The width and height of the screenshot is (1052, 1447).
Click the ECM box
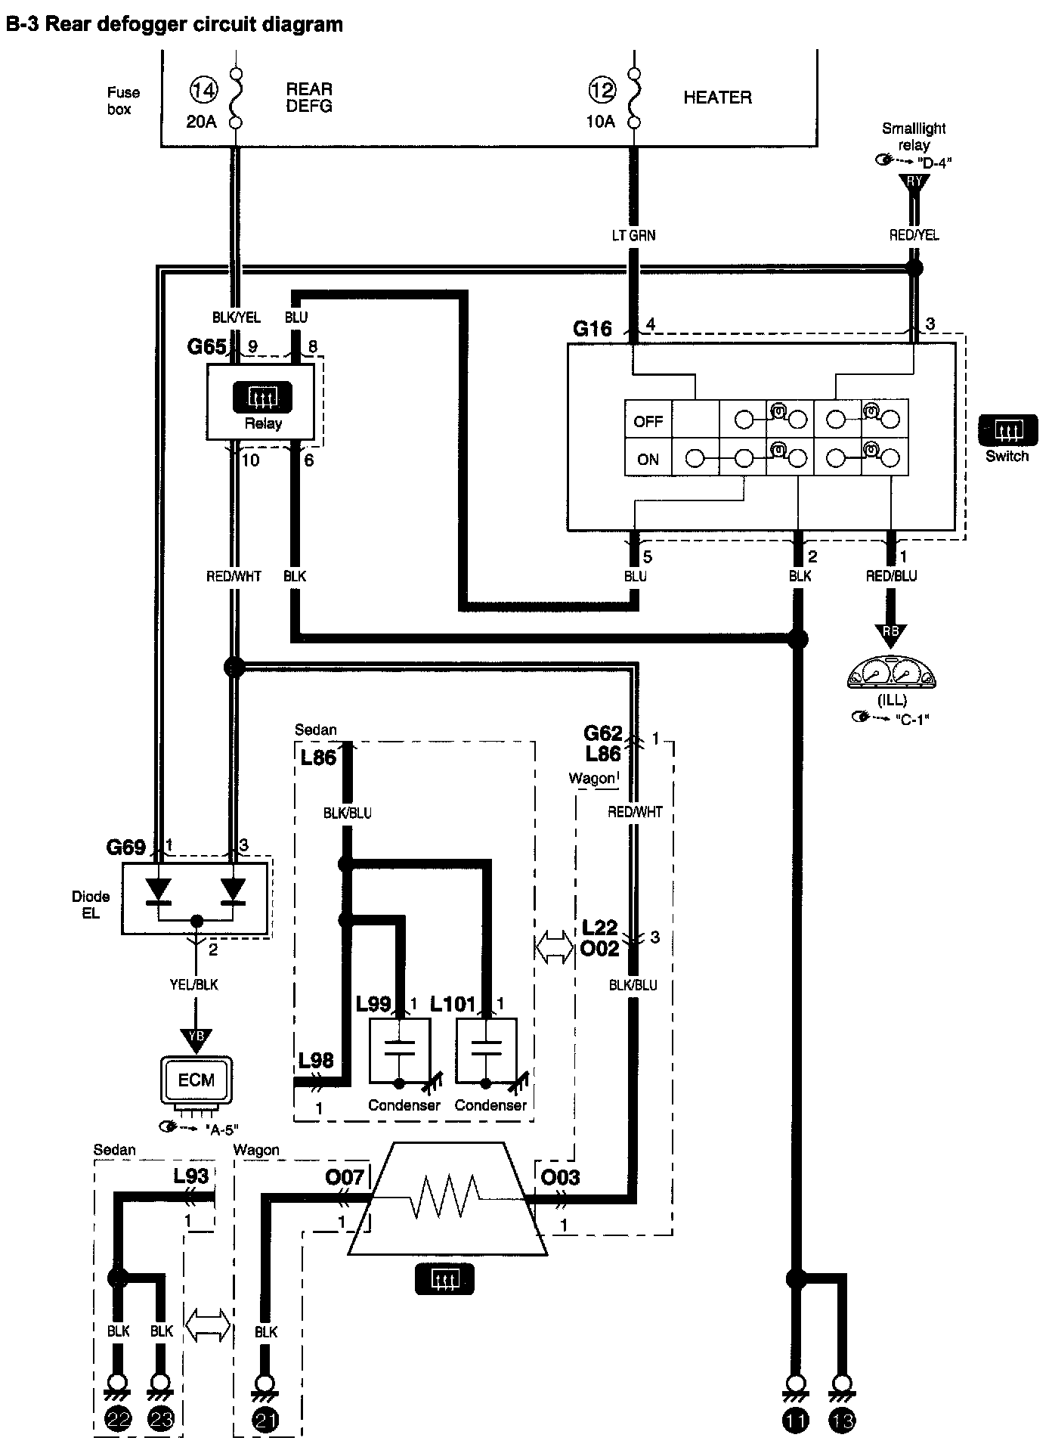(196, 1080)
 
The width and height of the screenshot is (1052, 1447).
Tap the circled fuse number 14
(203, 91)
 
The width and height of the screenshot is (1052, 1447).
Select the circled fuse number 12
(602, 91)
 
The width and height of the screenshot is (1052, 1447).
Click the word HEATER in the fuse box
(717, 98)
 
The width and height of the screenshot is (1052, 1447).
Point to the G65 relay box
(260, 402)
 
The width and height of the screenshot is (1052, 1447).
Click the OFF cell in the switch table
(648, 421)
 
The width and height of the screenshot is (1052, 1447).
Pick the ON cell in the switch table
(648, 459)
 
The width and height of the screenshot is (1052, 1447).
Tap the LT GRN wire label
(633, 235)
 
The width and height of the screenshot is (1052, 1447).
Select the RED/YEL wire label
(914, 235)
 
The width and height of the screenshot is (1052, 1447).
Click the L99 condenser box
(400, 1051)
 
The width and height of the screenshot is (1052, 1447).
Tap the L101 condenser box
(487, 1051)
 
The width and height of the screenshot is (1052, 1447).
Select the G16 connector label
(592, 329)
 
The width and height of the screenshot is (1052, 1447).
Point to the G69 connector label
(125, 847)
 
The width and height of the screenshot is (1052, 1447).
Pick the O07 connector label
(345, 1177)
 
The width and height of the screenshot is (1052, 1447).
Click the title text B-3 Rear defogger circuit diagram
(174, 25)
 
